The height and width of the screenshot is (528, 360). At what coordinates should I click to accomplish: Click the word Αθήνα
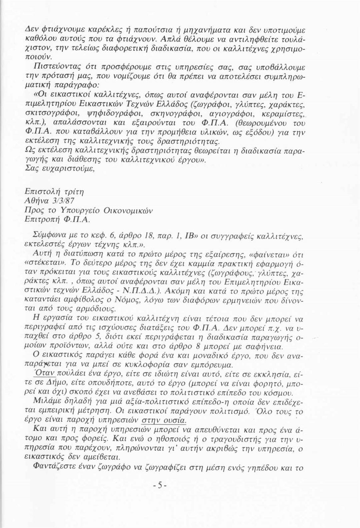tap(37, 201)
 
